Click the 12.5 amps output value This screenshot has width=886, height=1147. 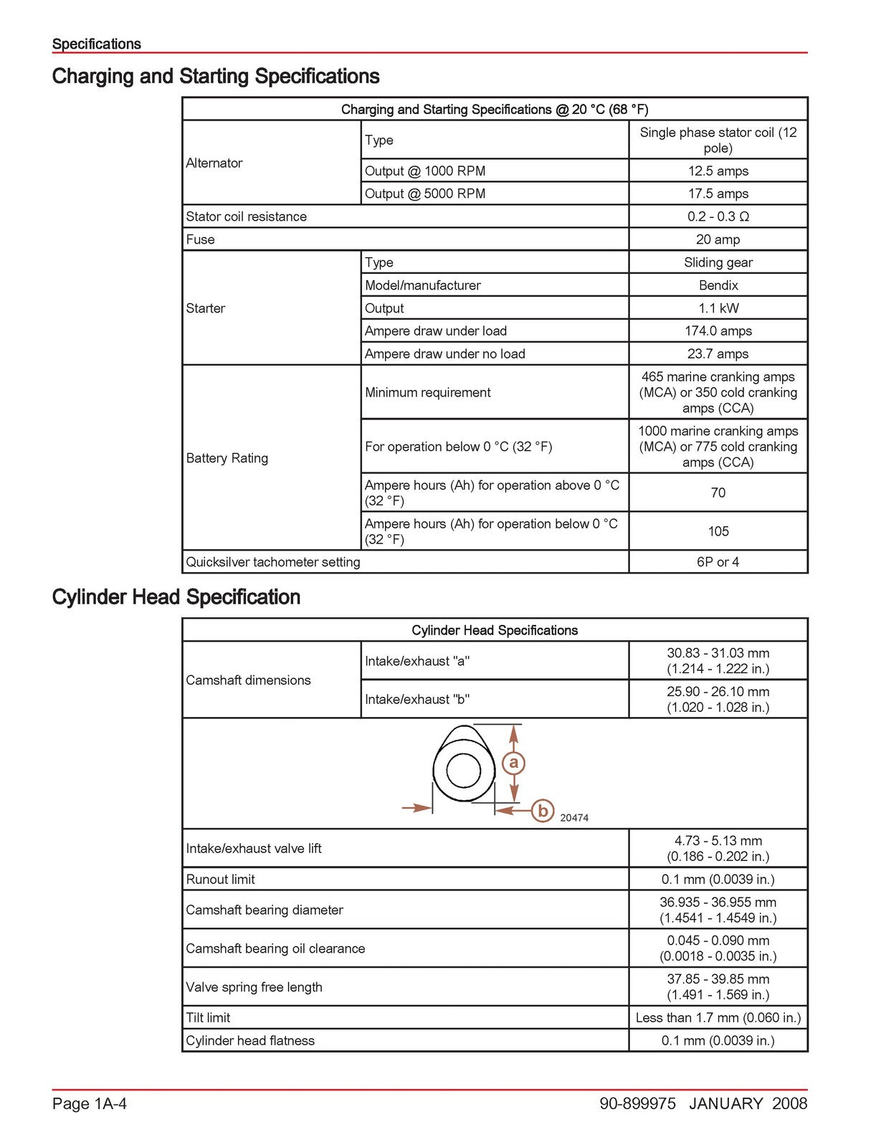coord(718,171)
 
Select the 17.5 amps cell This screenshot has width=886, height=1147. coord(718,194)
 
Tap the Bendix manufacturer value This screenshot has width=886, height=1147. coord(718,285)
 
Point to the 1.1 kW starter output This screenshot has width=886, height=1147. coord(718,308)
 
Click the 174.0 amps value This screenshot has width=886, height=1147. coord(718,331)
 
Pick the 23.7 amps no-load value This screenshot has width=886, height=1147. coord(718,354)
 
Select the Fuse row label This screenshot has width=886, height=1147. coord(201,239)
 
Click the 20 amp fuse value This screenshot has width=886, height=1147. coord(718,239)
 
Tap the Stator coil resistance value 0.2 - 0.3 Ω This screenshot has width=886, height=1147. coord(718,216)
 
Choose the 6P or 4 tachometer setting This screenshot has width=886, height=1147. coord(718,562)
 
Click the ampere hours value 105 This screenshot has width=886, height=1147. coord(718,531)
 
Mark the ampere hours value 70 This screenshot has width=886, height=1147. coord(718,492)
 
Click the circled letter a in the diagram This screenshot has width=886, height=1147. coord(513,763)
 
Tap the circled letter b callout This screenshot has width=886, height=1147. coord(543,811)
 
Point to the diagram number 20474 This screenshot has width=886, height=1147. coord(574,818)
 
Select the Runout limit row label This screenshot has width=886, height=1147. coord(221,880)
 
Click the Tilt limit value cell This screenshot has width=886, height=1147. coord(718,1018)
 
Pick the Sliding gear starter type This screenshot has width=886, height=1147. coord(718,262)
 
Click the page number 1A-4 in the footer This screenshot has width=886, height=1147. coord(90,1104)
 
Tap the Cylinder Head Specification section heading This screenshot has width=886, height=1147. coord(176,597)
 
